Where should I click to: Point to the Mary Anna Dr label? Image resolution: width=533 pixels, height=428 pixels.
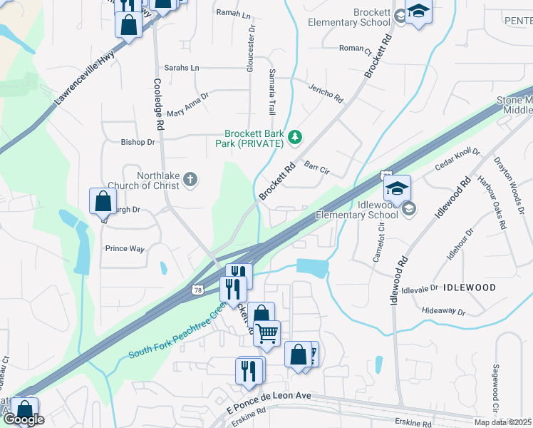[x=187, y=104]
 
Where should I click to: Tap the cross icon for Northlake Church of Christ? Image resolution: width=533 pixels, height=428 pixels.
[x=190, y=179]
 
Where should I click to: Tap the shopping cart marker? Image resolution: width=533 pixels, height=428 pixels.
[x=267, y=332]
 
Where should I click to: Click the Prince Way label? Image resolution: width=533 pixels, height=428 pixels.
[x=125, y=249]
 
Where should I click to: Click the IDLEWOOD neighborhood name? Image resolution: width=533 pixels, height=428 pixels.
[x=470, y=287]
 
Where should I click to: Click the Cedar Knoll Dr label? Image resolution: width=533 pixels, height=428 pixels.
[x=458, y=161]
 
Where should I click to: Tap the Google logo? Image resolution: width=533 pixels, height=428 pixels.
[x=24, y=419]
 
